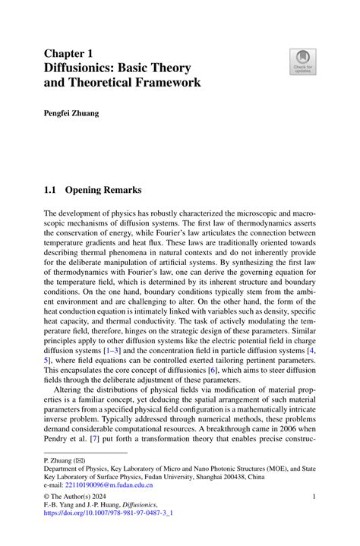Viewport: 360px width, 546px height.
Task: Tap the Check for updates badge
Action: [x=302, y=62]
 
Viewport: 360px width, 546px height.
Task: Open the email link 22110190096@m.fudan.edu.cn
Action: [x=108, y=484]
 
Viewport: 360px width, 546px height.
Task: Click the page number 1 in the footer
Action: [x=314, y=497]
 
